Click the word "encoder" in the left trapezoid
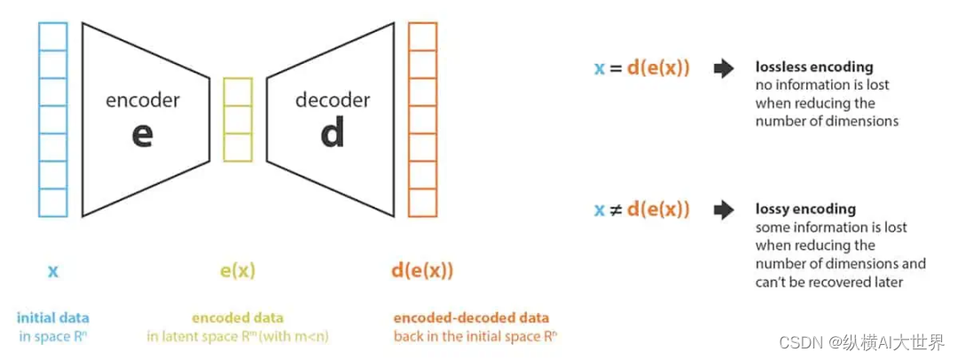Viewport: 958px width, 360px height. coord(142,100)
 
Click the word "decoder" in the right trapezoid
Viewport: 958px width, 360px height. coord(332,100)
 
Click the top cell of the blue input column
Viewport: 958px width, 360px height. coord(53,36)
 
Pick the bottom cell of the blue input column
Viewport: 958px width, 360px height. coord(53,202)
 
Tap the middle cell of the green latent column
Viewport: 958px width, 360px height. coord(238,120)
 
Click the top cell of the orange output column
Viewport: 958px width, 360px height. coord(422,36)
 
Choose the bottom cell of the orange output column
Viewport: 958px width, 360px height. coord(422,202)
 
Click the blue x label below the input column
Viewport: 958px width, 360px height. coord(53,270)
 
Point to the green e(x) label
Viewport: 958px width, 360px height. coord(237,270)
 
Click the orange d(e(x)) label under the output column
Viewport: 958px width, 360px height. coord(422,270)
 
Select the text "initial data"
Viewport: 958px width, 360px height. coord(53,317)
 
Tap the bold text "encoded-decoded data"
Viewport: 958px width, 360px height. coord(471,317)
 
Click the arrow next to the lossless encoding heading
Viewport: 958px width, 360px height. coord(724,68)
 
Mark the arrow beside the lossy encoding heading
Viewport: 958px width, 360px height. coord(724,210)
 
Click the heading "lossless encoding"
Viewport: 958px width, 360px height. coord(813,67)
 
